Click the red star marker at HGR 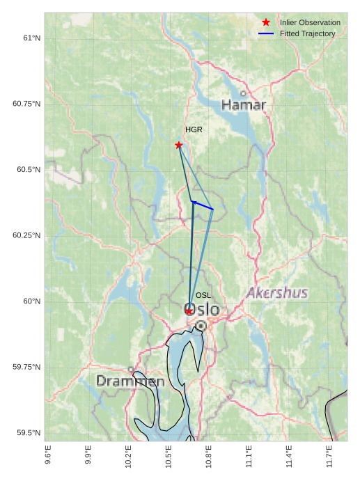pyautogui.click(x=179, y=145)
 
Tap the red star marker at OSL pyautogui.click(x=189, y=310)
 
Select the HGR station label pyautogui.click(x=194, y=130)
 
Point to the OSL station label pyautogui.click(x=203, y=296)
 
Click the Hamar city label pyautogui.click(x=244, y=105)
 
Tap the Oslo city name pyautogui.click(x=202, y=309)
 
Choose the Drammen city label pyautogui.click(x=130, y=381)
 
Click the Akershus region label pyautogui.click(x=277, y=293)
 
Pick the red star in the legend pyautogui.click(x=266, y=23)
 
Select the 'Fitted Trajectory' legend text pyautogui.click(x=307, y=33)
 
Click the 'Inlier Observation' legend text pyautogui.click(x=310, y=23)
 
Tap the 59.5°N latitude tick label pyautogui.click(x=29, y=433)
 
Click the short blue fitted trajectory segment pyautogui.click(x=203, y=205)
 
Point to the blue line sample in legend pyautogui.click(x=266, y=33)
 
